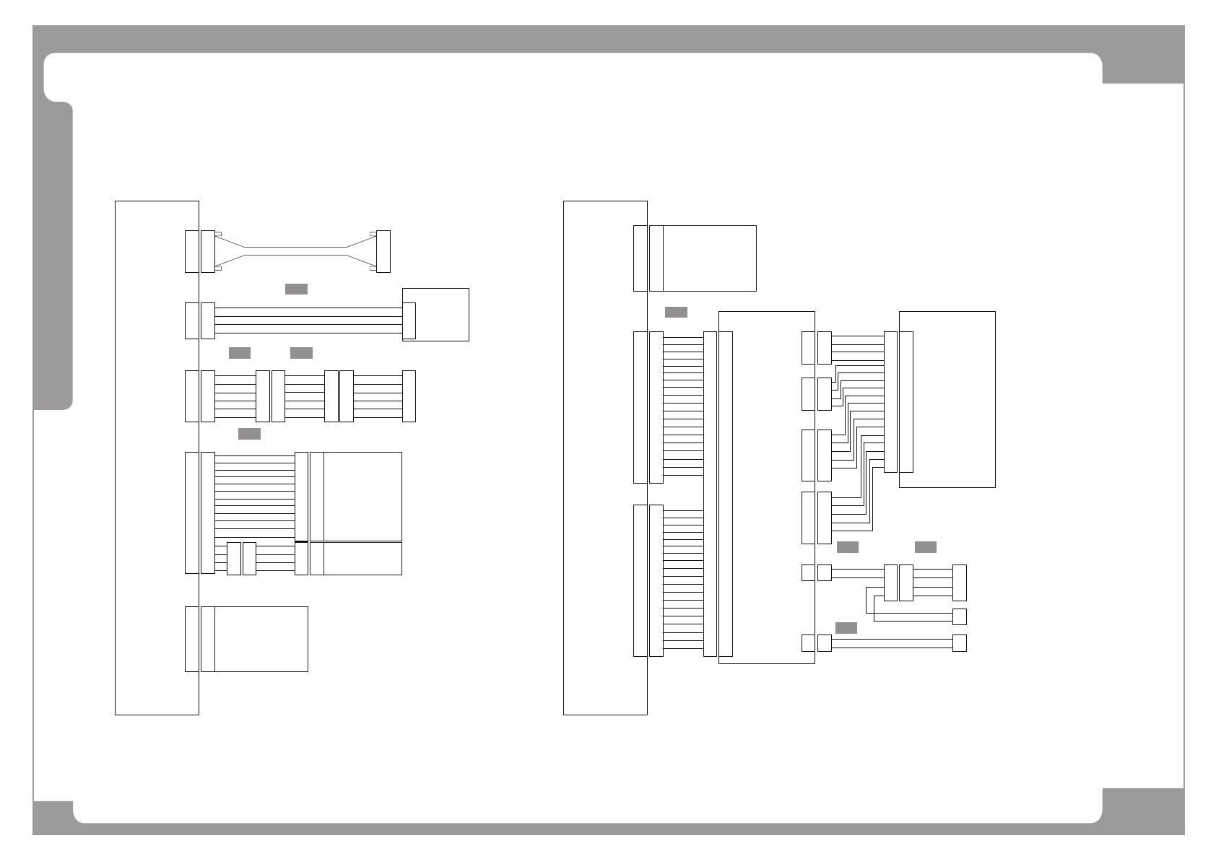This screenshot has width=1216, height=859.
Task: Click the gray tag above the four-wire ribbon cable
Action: (x=296, y=289)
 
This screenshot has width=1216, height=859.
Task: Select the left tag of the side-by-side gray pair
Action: (x=240, y=353)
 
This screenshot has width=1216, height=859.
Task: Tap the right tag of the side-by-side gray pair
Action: (x=301, y=353)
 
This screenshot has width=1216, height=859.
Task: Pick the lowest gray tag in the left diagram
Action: (x=249, y=434)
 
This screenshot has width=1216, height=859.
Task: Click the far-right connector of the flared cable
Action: (x=383, y=251)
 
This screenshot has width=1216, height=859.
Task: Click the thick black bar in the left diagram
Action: (x=302, y=541)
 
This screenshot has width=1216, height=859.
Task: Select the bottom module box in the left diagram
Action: (x=261, y=639)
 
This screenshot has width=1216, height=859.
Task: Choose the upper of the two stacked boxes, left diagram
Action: (x=362, y=497)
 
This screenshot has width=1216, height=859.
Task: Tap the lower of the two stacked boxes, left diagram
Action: (x=362, y=559)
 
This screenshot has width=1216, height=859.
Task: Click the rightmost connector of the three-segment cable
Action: (x=409, y=396)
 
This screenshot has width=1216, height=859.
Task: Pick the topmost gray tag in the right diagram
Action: (x=676, y=313)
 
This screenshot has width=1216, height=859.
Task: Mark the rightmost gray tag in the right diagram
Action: (x=926, y=547)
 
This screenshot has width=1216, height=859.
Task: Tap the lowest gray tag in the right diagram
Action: (x=846, y=629)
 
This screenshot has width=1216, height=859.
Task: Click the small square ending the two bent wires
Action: (x=960, y=617)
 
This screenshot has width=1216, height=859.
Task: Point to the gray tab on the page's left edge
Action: (x=53, y=256)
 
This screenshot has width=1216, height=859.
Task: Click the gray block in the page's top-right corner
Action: (x=1143, y=54)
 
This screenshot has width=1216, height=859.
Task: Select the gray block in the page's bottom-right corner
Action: (x=1143, y=812)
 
